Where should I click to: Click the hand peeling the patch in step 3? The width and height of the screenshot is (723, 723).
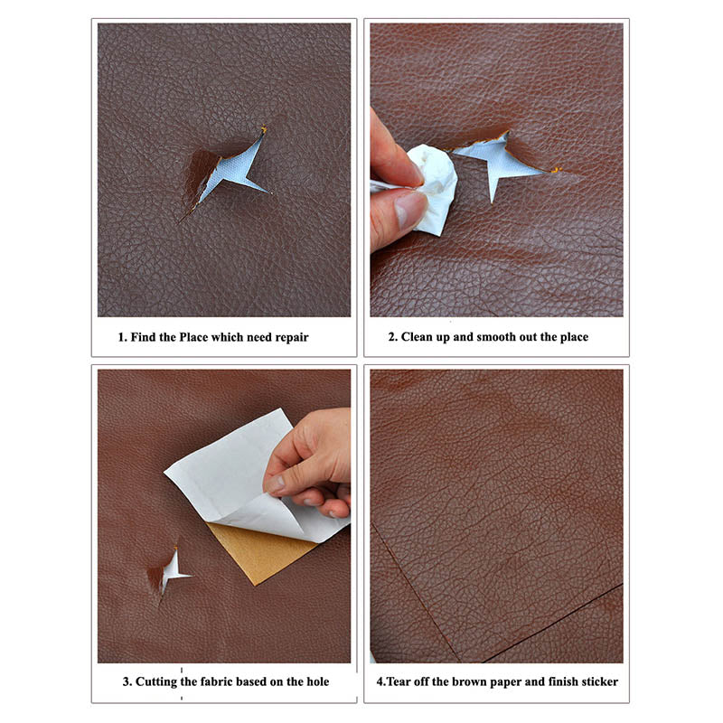coord(312,461)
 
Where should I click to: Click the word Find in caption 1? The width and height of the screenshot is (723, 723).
coord(146,337)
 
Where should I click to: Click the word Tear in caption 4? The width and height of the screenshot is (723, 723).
coord(401,681)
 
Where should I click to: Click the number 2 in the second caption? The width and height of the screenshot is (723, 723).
coord(392,337)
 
